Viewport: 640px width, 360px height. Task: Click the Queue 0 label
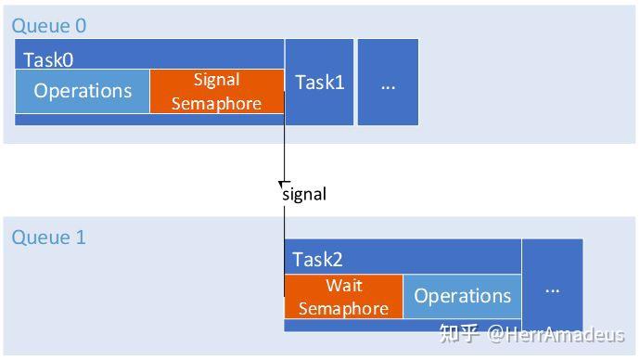tap(48, 26)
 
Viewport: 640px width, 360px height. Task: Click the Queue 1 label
tap(48, 238)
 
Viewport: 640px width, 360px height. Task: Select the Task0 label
tap(48, 59)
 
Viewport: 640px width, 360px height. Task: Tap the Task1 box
tap(319, 83)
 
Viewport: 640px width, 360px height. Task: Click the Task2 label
tap(317, 260)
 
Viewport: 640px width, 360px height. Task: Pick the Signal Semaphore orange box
tap(216, 91)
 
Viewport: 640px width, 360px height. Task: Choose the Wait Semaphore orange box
tap(343, 296)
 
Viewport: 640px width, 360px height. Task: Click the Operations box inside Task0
tap(83, 91)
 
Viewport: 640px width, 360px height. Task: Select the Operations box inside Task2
tap(462, 296)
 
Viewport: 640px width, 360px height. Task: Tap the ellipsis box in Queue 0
tap(388, 83)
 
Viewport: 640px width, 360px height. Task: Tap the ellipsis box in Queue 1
tap(552, 287)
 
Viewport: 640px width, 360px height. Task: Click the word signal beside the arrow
tap(304, 194)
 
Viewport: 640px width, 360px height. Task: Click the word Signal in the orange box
tap(216, 80)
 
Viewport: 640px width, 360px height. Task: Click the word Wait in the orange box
tap(343, 285)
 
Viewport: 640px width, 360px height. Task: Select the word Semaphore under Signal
tap(216, 103)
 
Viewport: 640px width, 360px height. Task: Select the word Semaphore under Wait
tap(343, 308)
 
